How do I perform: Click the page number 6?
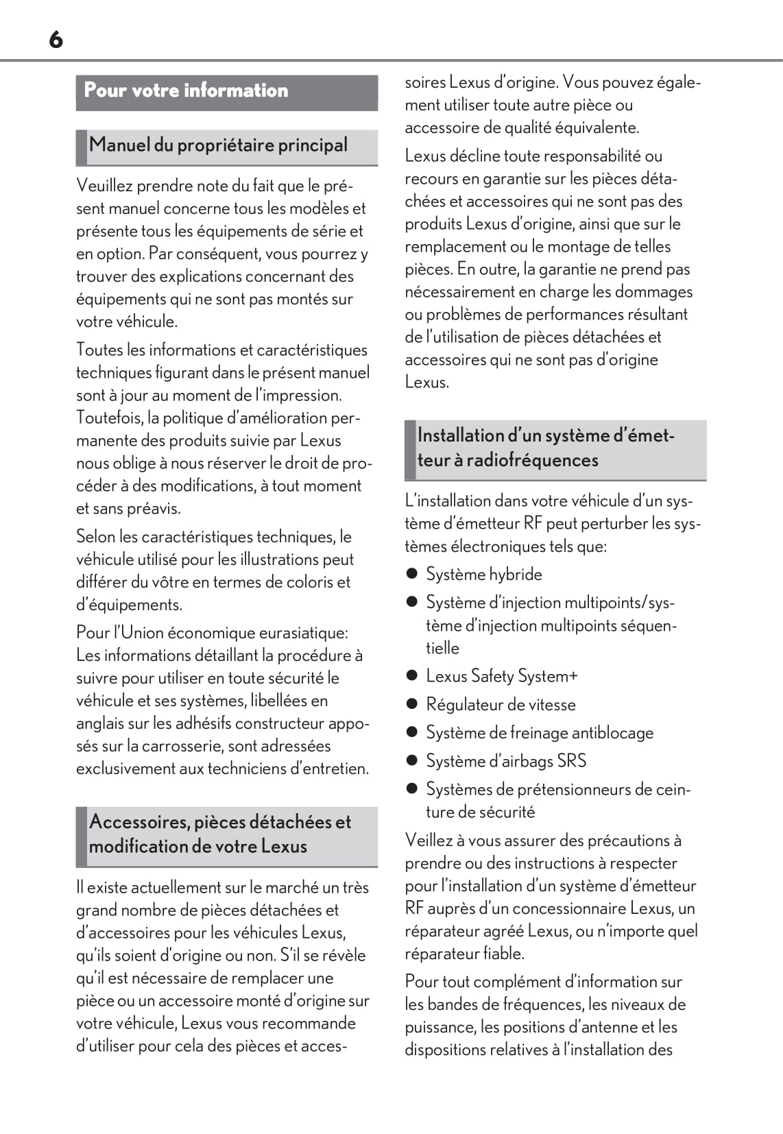pyautogui.click(x=56, y=40)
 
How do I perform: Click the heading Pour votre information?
pyautogui.click(x=186, y=91)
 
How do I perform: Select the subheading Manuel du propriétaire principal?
pyautogui.click(x=218, y=145)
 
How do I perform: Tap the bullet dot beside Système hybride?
pyautogui.click(x=412, y=574)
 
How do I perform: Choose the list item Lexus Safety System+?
pyautogui.click(x=501, y=676)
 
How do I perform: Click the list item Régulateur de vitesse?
pyautogui.click(x=501, y=705)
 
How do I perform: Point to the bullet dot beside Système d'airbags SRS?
pyautogui.click(x=412, y=760)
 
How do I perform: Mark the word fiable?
pyautogui.click(x=503, y=954)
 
